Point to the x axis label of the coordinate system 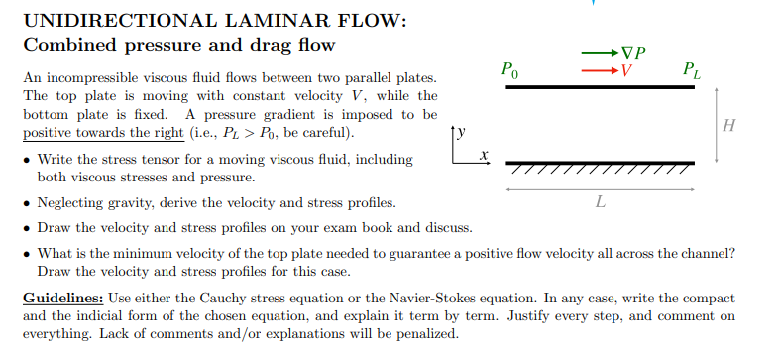click(484, 155)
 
